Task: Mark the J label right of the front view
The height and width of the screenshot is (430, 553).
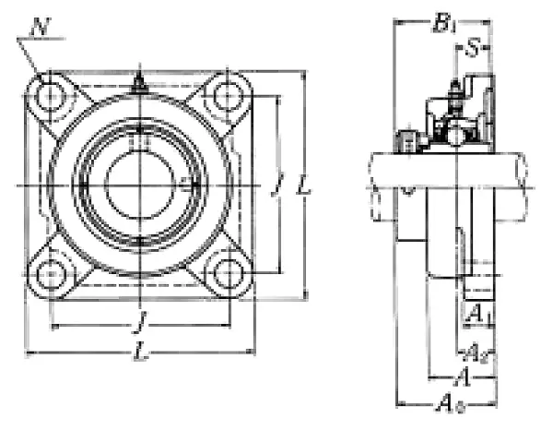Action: click(276, 187)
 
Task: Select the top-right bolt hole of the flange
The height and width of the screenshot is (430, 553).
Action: click(224, 95)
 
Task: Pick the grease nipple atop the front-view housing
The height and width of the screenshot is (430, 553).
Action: click(138, 85)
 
